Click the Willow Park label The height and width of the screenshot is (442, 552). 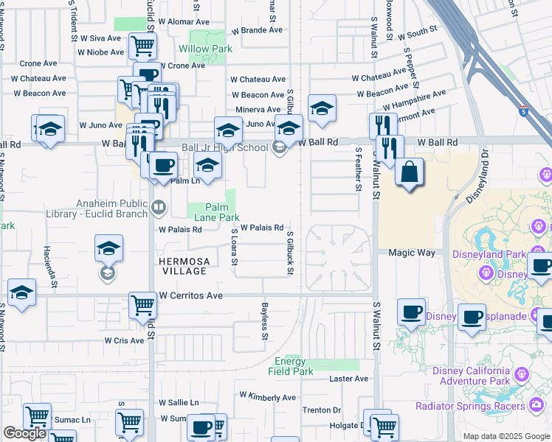[x=205, y=49]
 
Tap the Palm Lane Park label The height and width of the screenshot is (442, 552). [x=216, y=213]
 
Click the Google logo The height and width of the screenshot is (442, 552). [x=24, y=433]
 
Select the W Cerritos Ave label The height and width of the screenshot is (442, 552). [x=190, y=295]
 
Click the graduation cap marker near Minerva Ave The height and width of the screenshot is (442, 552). [x=322, y=108]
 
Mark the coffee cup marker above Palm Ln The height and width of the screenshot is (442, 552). [x=163, y=166]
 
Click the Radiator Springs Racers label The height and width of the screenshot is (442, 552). [x=470, y=406]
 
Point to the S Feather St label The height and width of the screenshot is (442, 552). [x=358, y=169]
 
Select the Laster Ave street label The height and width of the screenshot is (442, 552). [x=349, y=379]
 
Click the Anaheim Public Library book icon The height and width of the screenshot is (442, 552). [x=157, y=208]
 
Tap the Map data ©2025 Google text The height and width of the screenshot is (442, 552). [x=506, y=436]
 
